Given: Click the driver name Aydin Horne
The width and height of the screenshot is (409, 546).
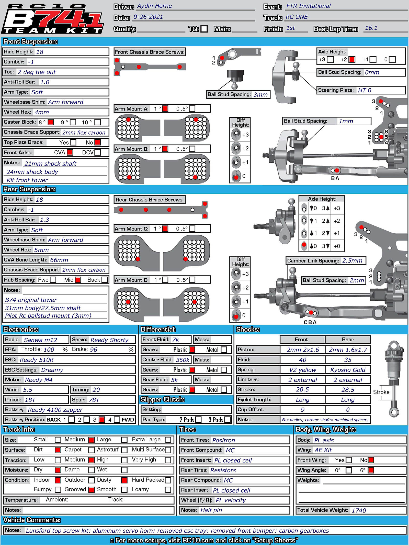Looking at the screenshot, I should coord(154,6).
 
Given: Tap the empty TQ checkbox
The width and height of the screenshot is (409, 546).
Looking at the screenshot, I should coord(204,29).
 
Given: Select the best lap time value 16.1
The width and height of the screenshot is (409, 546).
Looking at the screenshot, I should coord(371,28).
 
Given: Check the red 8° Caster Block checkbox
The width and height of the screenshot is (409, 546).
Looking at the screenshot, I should coord(51,122).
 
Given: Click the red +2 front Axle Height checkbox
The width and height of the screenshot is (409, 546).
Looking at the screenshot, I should coord(352,60).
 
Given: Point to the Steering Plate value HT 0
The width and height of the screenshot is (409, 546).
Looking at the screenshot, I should coord(364,90).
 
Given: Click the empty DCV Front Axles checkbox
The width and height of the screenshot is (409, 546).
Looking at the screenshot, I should coord(97,152).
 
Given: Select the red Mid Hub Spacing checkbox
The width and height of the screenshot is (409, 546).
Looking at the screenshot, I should coord(78,280).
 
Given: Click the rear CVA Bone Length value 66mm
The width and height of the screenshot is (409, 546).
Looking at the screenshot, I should coord(59,260).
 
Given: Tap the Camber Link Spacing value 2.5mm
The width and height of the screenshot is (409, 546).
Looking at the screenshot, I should coord(352,261).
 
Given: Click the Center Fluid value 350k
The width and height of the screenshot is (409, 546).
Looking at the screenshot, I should coord(183,360).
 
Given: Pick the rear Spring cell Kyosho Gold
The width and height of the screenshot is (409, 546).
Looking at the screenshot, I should coord(348,370).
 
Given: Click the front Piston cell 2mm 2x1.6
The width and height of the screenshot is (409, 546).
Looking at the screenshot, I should coord(302,350).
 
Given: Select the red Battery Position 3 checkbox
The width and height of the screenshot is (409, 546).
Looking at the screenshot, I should coord(102,420).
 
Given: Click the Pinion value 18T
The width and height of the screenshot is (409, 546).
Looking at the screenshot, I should coord(30,400).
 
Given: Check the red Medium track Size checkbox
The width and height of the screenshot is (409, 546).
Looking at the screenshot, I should coord(91,440).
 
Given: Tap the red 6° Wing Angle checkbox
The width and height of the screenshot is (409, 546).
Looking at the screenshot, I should coord(371,470).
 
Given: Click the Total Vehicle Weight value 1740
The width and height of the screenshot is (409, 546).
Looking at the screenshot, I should coord(359,510).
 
